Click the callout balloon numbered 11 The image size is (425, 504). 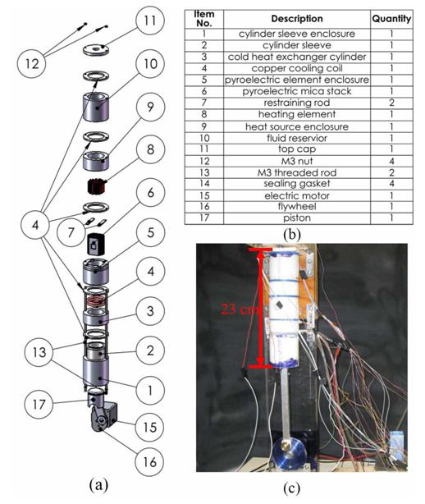point(150,21)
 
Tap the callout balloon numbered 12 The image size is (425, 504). point(31,63)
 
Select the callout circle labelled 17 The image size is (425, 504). point(39,404)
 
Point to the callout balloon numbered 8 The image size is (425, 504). point(150,149)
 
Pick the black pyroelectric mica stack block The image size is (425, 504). point(96,245)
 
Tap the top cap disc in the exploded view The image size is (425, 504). point(96,49)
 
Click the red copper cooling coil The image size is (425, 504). point(96,302)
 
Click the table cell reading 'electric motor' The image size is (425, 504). point(297,195)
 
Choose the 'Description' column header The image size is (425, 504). point(297,19)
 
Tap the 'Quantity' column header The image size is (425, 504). point(391,19)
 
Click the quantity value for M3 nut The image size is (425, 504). point(391,161)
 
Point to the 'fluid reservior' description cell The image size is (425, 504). point(297,138)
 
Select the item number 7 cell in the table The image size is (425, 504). point(204,103)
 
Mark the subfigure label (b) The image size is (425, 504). point(292,235)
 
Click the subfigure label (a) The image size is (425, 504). point(98,484)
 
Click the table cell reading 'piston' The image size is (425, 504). point(297,218)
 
